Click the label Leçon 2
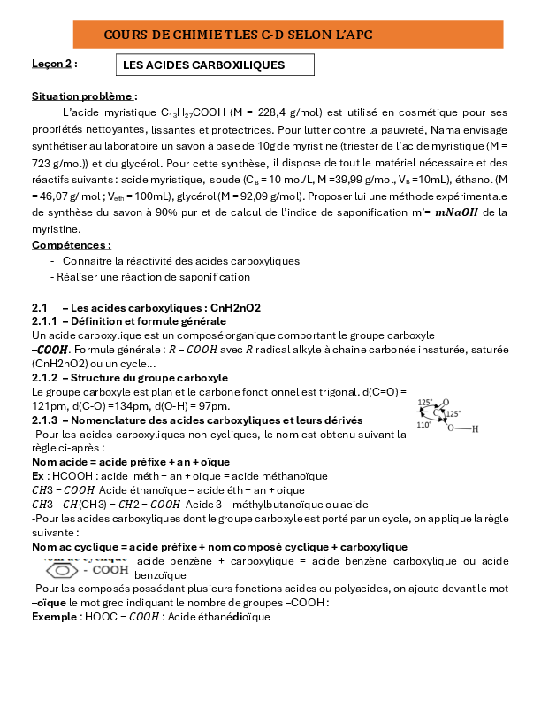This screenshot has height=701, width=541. pos(54,64)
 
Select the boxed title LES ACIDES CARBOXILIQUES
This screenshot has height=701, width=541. pos(215,65)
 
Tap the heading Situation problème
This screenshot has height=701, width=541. pos(84,96)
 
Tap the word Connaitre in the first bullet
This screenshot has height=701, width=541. pos(87,261)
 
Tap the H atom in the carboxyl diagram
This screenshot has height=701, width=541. pos(475,429)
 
